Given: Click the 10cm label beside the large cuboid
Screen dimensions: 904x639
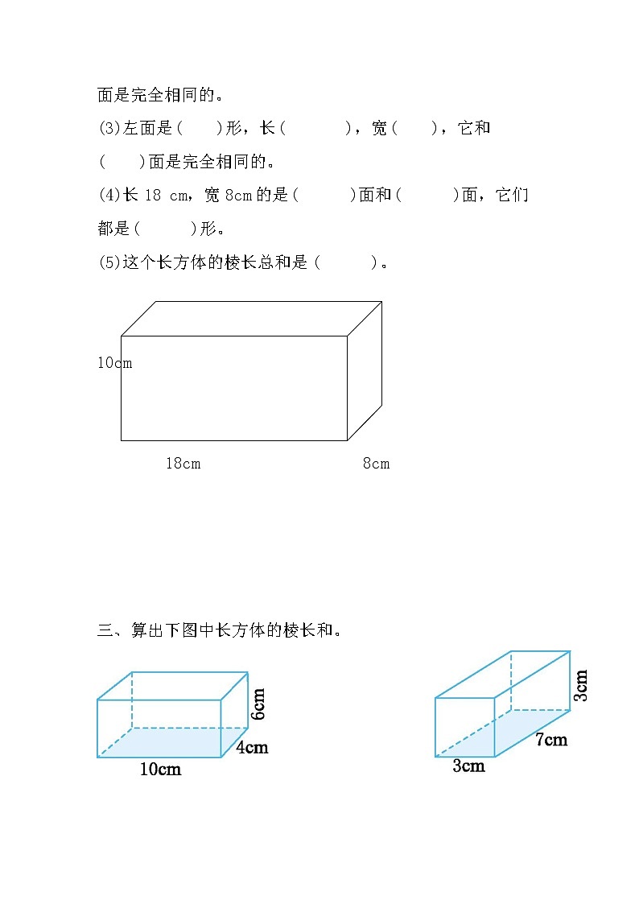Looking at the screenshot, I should pyautogui.click(x=114, y=363).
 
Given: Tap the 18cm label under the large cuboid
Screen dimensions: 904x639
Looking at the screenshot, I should pyautogui.click(x=183, y=463).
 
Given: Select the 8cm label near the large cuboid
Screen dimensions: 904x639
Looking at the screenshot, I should pyautogui.click(x=376, y=463).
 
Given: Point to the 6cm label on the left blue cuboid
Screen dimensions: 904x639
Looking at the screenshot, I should pyautogui.click(x=258, y=703).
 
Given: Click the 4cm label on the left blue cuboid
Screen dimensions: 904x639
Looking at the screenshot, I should pyautogui.click(x=252, y=747).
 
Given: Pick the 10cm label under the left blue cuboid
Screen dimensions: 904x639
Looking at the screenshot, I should pyautogui.click(x=160, y=770).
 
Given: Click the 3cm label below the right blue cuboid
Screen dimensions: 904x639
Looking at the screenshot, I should pyautogui.click(x=468, y=766).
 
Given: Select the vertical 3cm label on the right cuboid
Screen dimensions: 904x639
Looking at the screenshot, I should pyautogui.click(x=581, y=685).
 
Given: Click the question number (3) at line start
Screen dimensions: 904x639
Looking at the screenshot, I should pyautogui.click(x=108, y=128).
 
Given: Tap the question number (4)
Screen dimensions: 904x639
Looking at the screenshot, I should pyautogui.click(x=108, y=195).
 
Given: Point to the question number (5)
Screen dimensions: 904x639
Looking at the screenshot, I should pyautogui.click(x=108, y=262).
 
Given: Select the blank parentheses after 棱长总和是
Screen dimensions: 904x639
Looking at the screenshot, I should pyautogui.click(x=346, y=262).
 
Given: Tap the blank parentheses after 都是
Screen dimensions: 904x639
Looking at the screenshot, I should pyautogui.click(x=165, y=229).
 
